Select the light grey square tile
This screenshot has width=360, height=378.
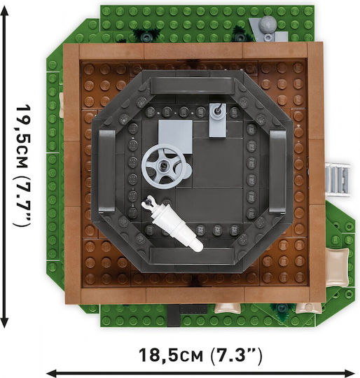pos(175,136)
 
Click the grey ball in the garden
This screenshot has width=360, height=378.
pos(268,24)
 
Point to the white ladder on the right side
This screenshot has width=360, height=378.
pos(338,180)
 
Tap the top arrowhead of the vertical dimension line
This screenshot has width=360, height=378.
pos(5,10)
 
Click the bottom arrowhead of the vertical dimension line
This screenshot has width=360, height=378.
pos(5,323)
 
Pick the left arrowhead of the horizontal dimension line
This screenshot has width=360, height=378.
pos(52,373)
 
